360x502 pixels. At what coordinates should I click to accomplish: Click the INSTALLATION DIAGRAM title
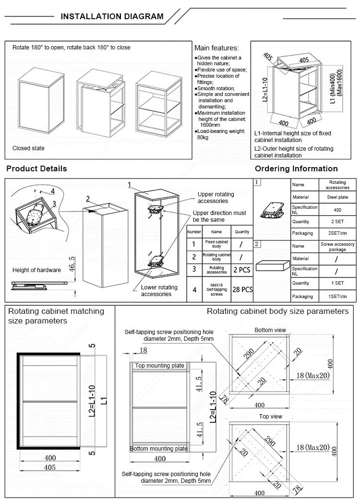pos(112,16)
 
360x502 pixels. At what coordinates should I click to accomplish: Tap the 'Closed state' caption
pos(28,148)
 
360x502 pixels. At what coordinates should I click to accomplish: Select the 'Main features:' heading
pos(216,48)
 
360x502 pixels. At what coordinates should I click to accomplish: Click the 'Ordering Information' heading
pos(296,168)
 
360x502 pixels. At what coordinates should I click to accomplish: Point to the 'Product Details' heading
pos(36,168)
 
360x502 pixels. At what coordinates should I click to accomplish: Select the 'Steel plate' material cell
pos(337,197)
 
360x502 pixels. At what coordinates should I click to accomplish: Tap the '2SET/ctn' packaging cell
pos(337,234)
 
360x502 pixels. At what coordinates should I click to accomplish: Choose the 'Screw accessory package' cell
pos(337,247)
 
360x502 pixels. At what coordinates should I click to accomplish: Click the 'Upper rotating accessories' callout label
pos(216,197)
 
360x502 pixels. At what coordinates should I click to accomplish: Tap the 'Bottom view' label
pos(270,330)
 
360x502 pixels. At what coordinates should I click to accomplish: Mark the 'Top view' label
pos(271,417)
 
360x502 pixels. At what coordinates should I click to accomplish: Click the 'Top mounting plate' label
pos(159,366)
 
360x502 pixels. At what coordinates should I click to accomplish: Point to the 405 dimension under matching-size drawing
pos(50,467)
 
